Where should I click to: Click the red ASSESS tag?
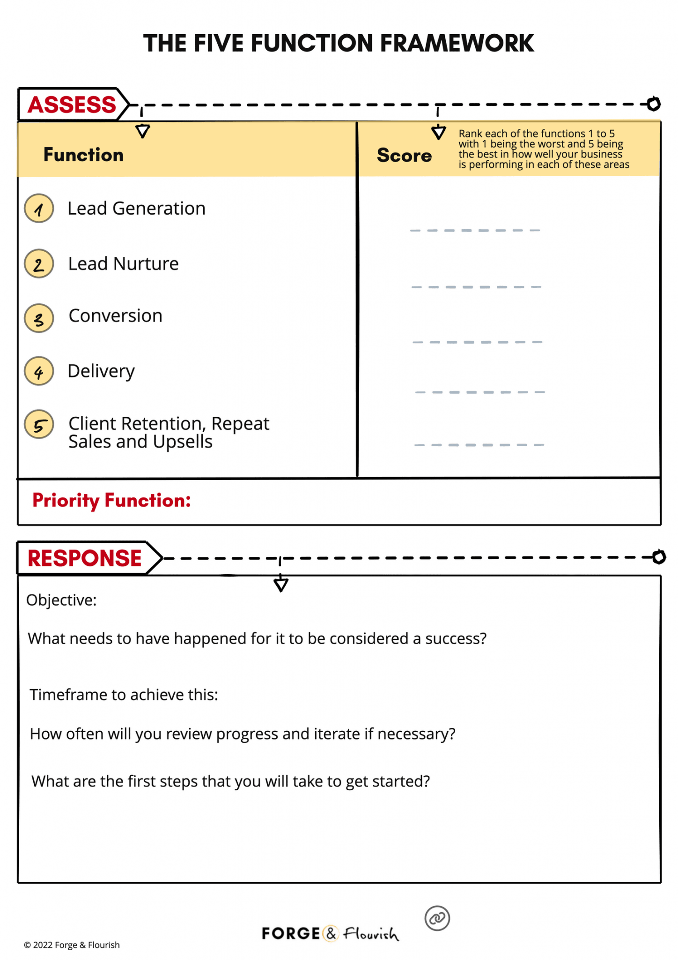pos(72,104)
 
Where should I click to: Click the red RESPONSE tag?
pos(85,558)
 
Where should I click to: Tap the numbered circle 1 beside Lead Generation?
pos(39,208)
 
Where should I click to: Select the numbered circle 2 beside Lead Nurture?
pos(39,263)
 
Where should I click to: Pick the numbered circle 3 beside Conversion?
pos(39,318)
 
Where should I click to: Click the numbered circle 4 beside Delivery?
pos(39,371)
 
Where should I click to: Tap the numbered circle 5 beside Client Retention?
pos(39,424)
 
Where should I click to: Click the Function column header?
pos(83,155)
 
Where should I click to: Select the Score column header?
pos(404,155)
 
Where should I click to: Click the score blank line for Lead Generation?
pos(475,230)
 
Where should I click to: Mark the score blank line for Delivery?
pos(480,392)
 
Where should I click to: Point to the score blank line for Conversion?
pos(477,342)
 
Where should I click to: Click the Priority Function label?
pos(111,501)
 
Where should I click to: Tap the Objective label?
pos(61,600)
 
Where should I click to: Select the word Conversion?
pos(116,316)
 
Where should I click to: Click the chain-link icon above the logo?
pos(437,918)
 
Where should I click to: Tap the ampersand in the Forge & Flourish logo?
pos(331,933)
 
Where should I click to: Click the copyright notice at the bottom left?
pos(72,945)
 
